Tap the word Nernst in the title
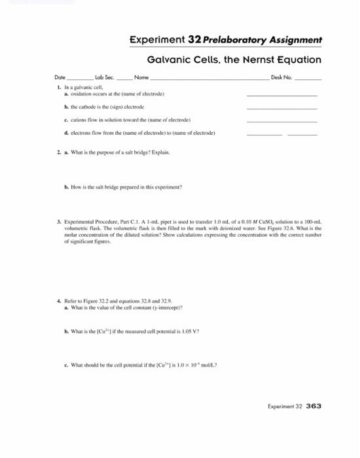tap(245, 60)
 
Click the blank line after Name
tap(210, 79)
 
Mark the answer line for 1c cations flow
tap(281, 122)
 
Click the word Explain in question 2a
tap(160, 152)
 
